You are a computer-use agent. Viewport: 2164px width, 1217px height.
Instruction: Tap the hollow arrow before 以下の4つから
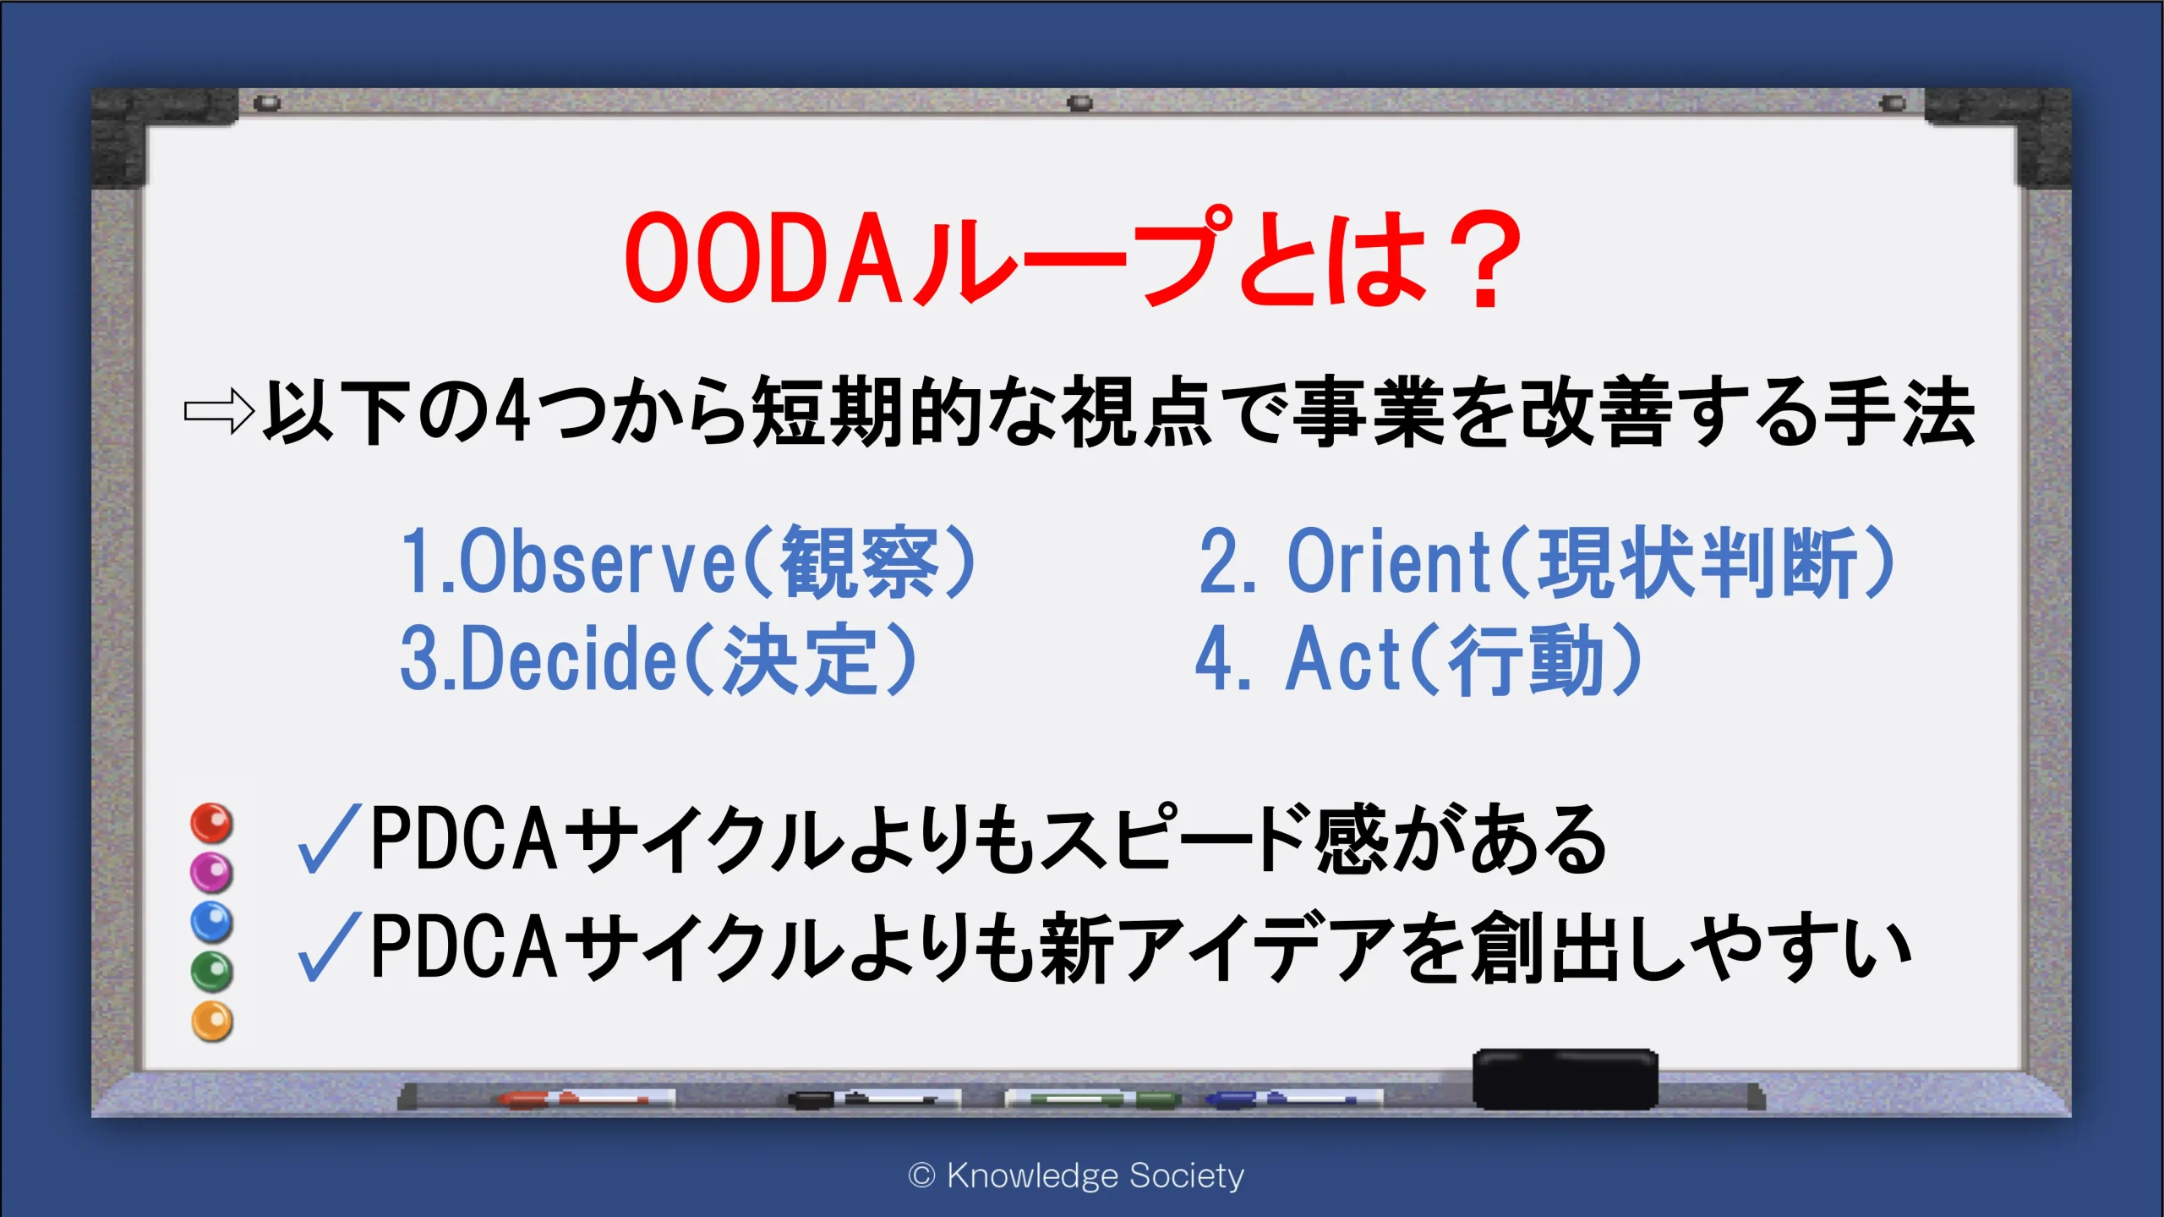[x=218, y=412]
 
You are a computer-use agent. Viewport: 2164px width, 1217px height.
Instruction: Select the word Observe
[x=597, y=562]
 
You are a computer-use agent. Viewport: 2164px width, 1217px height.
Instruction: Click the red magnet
[x=210, y=823]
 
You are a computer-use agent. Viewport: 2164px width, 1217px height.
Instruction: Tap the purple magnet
[x=210, y=872]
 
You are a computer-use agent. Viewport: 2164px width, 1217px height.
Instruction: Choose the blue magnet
[x=210, y=922]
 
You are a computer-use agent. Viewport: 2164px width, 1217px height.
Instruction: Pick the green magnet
[x=210, y=972]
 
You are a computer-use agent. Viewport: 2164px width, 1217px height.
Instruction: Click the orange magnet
[x=211, y=1022]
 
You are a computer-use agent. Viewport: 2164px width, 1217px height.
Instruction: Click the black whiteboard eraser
[x=1565, y=1078]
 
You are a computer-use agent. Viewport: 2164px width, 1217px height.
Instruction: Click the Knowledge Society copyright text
[x=1076, y=1176]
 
